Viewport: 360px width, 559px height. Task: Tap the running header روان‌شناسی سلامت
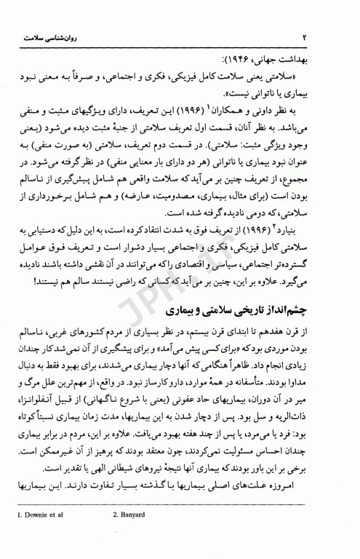coord(46,36)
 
